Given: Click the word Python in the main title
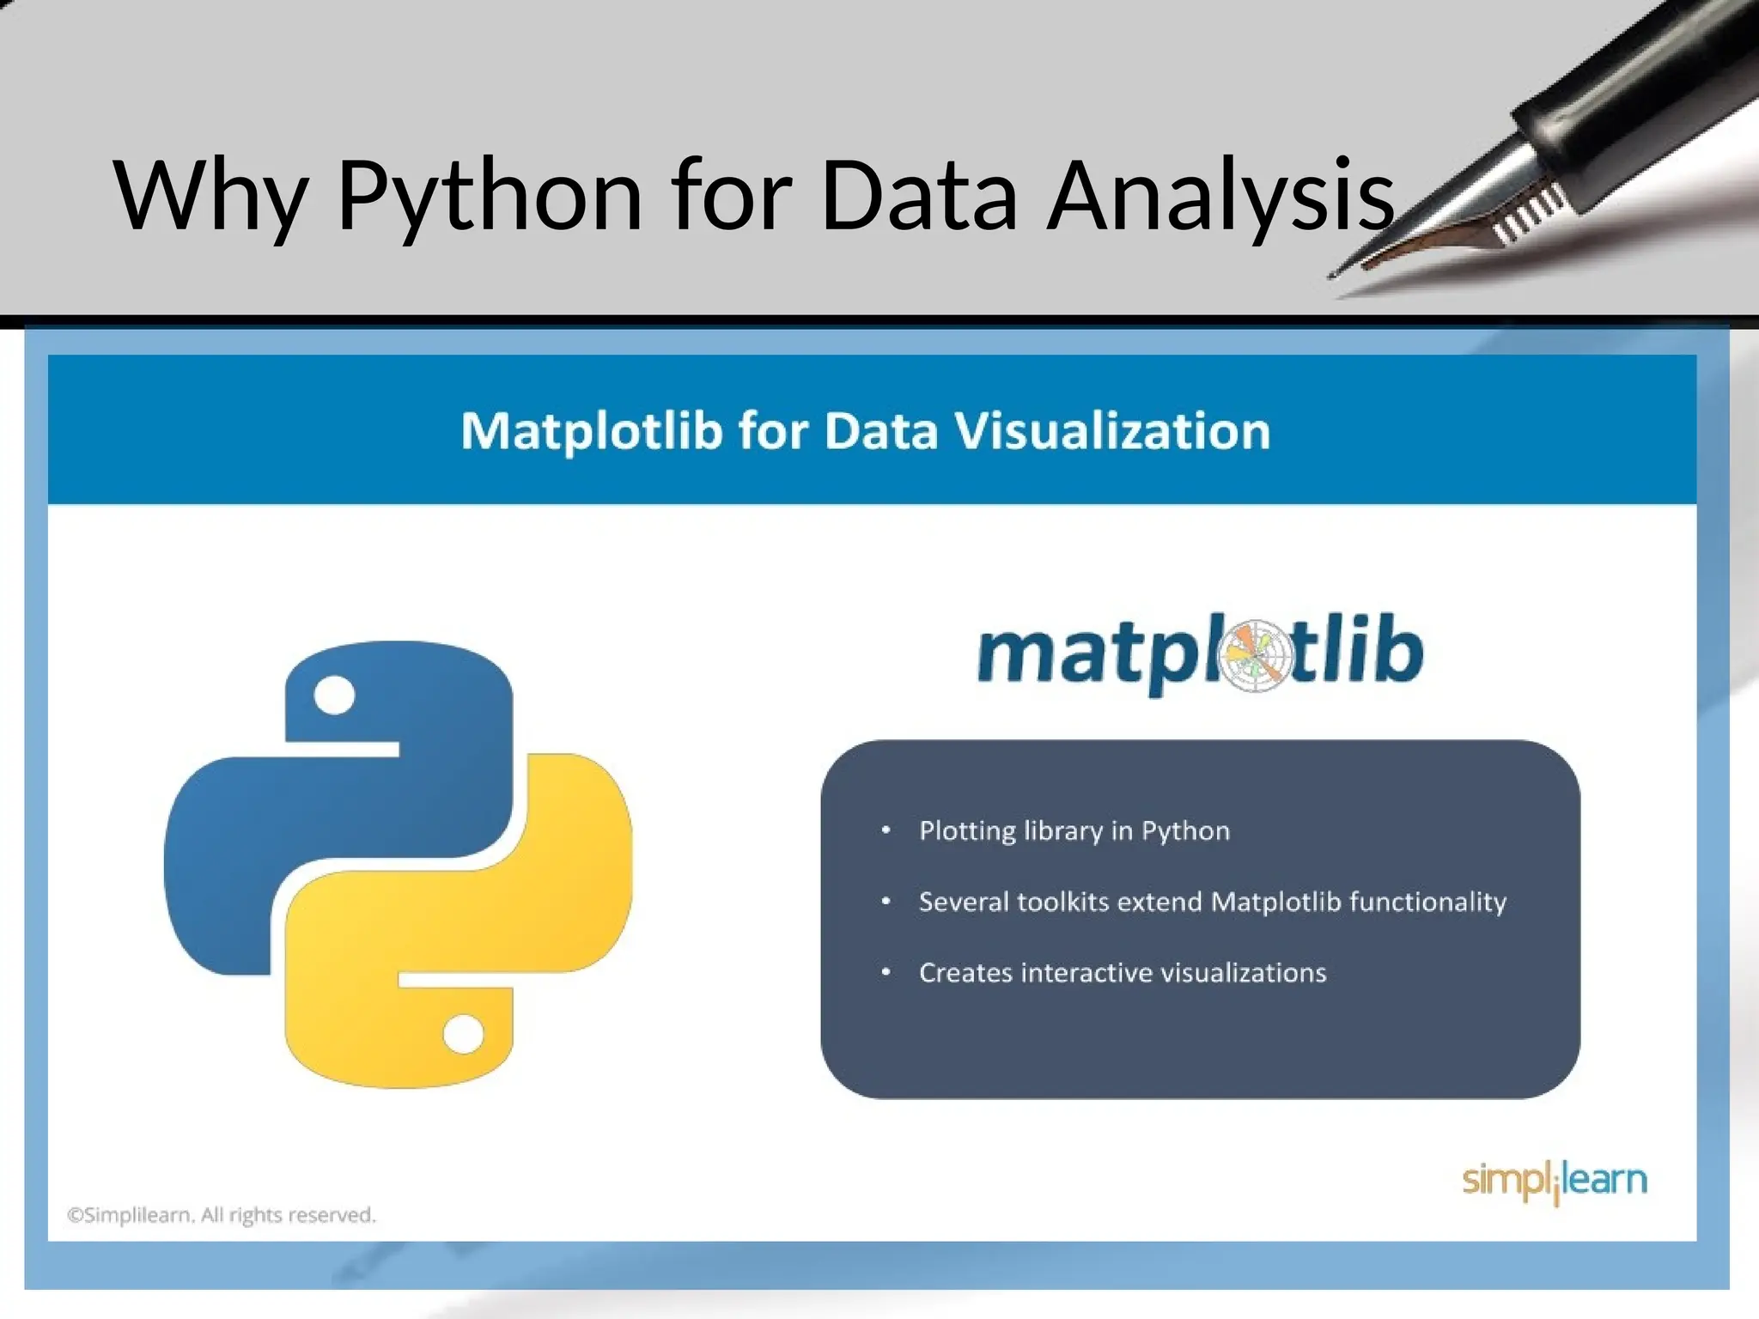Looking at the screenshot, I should tap(490, 198).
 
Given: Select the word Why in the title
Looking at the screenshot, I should tap(210, 198).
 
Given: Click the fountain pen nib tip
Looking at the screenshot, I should tap(1334, 275).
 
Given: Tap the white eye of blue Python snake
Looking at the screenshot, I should tap(334, 695).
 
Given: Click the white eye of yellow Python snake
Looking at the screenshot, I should tap(464, 1034).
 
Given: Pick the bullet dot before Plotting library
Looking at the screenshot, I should tap(886, 830).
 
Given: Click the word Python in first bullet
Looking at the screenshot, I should tap(1185, 831).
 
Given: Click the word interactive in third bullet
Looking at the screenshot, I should tap(1087, 973).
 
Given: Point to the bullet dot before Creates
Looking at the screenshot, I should tap(886, 972).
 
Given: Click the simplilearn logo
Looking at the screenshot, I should tap(1554, 1181).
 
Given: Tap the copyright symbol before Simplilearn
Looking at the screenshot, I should tap(76, 1215).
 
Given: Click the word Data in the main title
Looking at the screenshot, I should tap(919, 198).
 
